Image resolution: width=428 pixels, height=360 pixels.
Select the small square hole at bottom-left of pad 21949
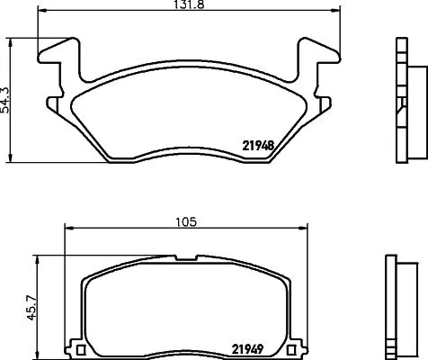[80, 349]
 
